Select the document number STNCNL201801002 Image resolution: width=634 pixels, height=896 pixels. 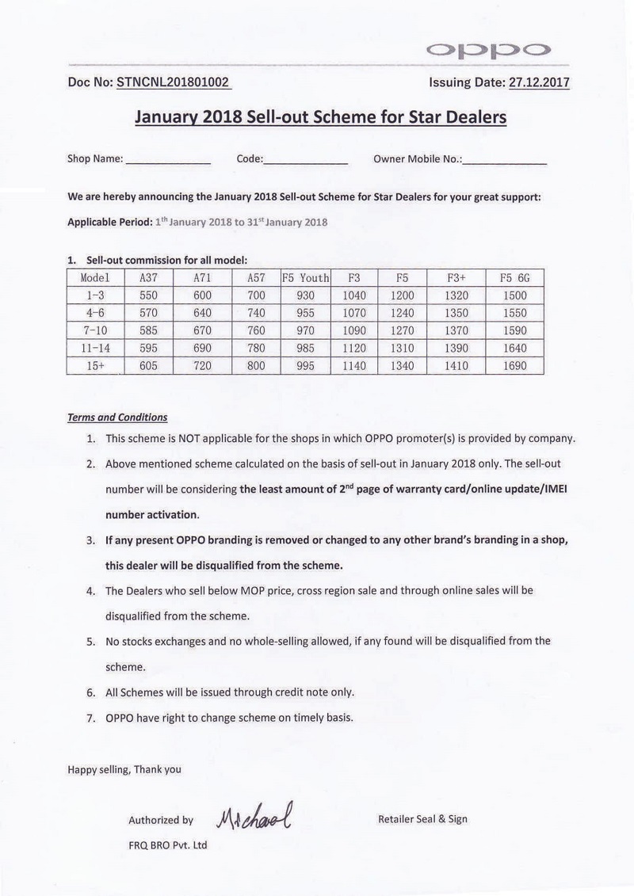pyautogui.click(x=173, y=82)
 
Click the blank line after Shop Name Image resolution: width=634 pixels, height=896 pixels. pyautogui.click(x=169, y=160)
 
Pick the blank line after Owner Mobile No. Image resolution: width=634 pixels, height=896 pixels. pyautogui.click(x=505, y=160)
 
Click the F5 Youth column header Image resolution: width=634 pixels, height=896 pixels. pyautogui.click(x=305, y=278)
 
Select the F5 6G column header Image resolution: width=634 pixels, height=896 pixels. pyautogui.click(x=514, y=278)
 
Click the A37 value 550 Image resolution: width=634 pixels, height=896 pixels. pyautogui.click(x=148, y=295)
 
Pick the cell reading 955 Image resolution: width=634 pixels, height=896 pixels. pyautogui.click(x=305, y=313)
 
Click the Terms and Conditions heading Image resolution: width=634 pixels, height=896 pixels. pyautogui.click(x=117, y=417)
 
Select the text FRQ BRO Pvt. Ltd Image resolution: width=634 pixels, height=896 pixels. pyautogui.click(x=167, y=845)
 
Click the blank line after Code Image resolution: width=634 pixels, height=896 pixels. pyautogui.click(x=306, y=160)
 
